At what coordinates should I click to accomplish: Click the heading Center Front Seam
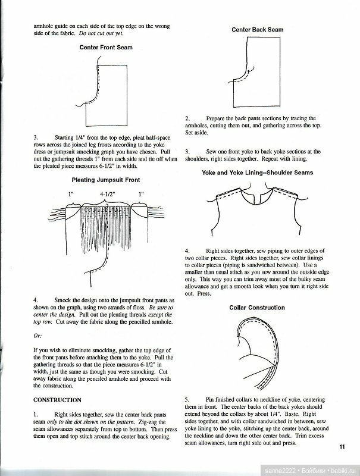pos(106,47)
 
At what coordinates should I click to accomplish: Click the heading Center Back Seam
pos(256,29)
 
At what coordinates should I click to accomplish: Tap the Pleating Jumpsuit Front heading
pos(106,179)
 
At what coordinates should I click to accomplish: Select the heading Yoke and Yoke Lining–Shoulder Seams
pos(256,173)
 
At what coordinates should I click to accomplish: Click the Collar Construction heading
pos(256,308)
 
